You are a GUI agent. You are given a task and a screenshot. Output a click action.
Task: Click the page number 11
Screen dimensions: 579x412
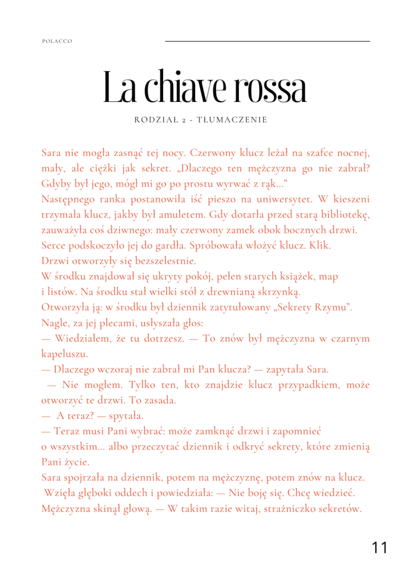point(380,547)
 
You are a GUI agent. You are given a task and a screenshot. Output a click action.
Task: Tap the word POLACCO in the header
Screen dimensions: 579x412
point(57,41)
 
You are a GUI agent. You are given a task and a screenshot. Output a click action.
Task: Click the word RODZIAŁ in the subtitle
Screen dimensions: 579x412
point(154,120)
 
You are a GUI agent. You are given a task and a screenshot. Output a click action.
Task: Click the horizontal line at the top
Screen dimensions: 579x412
point(267,41)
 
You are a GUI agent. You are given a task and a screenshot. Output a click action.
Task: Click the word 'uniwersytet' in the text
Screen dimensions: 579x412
point(280,200)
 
